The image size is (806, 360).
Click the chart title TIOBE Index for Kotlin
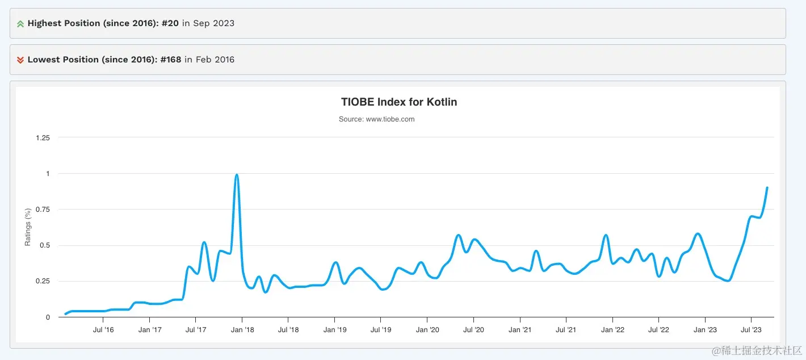[399, 102]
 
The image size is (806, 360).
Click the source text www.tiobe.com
[376, 119]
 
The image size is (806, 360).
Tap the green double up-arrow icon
[20, 24]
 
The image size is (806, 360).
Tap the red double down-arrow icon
[20, 60]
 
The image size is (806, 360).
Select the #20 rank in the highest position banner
[170, 23]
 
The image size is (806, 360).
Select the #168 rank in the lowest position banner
[171, 60]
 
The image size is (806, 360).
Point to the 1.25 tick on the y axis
[43, 137]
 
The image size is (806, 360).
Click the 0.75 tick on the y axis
[43, 210]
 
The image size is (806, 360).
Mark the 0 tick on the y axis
[48, 317]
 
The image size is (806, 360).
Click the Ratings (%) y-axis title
[28, 227]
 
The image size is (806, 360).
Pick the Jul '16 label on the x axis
[103, 330]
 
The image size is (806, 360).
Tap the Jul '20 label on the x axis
[473, 330]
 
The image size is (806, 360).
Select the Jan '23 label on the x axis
[705, 330]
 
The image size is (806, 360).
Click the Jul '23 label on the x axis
[752, 330]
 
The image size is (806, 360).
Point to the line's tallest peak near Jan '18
[237, 175]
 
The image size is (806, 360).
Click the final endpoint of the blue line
[767, 187]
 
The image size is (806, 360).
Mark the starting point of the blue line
[66, 314]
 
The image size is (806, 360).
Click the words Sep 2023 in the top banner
[213, 23]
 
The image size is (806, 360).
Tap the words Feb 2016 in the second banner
[215, 60]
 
